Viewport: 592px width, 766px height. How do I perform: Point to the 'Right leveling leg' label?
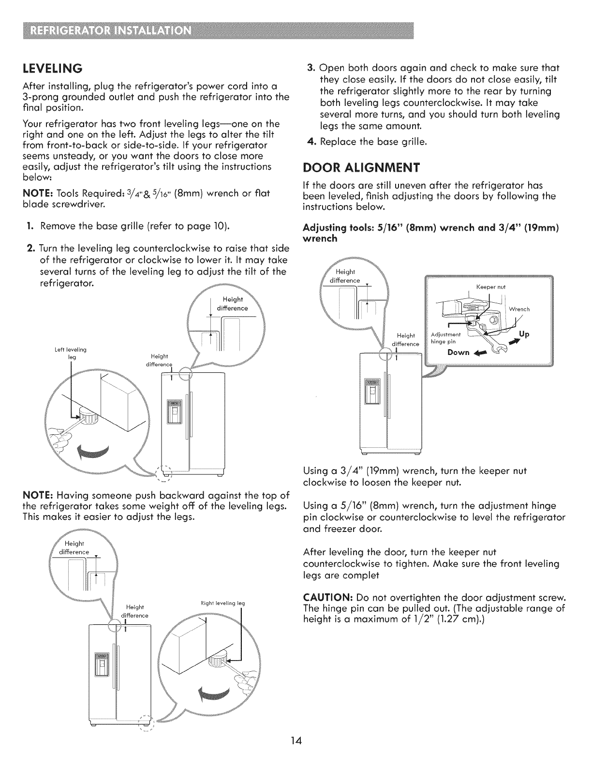222,603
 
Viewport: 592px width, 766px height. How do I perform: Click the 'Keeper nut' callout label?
490,287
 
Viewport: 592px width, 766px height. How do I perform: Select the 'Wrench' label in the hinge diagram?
520,309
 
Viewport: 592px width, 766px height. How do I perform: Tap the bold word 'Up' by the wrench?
524,334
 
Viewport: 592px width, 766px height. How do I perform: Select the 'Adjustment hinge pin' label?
446,338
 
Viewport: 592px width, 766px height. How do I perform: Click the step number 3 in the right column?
311,67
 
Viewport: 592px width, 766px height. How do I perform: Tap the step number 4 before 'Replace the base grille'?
311,142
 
